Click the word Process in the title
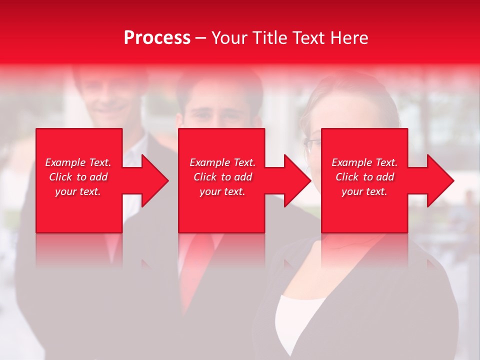coord(157,38)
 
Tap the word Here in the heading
coord(349,38)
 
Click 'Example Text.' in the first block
coord(78,162)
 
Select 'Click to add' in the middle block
coord(222,177)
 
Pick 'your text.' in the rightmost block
coord(364,191)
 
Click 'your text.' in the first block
coord(78,191)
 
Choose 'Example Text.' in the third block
coord(364,162)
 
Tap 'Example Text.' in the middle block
coord(222,162)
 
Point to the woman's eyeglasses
coord(312,143)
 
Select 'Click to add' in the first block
coord(78,177)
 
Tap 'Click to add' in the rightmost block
coord(364,177)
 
